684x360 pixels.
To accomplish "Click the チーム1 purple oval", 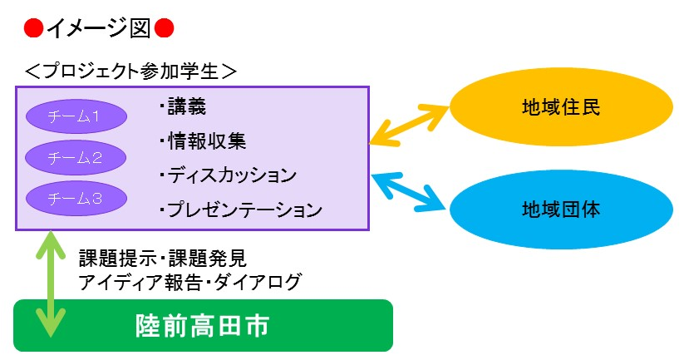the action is click(76, 116).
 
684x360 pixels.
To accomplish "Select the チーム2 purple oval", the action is click(76, 157).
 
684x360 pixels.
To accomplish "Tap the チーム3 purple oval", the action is click(76, 199).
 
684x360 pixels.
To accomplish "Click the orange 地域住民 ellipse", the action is click(561, 107).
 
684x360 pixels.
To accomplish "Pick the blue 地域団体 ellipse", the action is click(561, 210).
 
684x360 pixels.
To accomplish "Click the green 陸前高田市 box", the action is click(204, 326).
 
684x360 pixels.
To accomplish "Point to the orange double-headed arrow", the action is click(409, 125).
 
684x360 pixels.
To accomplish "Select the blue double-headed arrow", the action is click(410, 192).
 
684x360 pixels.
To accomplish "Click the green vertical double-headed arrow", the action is click(51, 284).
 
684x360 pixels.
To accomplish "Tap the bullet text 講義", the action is click(187, 107).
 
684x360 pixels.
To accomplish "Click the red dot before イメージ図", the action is click(33, 29).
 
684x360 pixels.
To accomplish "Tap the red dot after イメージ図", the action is click(164, 29).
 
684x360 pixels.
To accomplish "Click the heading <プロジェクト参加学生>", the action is click(130, 72).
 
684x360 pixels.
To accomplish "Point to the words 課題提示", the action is click(118, 259).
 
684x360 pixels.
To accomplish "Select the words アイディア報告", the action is click(140, 282).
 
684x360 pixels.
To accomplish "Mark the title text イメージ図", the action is click(99, 29).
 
